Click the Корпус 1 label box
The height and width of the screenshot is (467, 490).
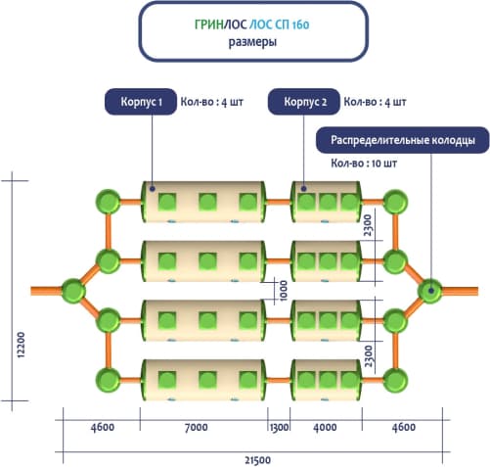[x=141, y=102]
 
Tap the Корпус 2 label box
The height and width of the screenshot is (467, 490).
[x=304, y=102]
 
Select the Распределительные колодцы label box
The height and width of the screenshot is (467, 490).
[x=403, y=140]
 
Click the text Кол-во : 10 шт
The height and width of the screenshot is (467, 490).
[x=364, y=163]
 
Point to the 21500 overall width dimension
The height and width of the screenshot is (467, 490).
[x=257, y=460]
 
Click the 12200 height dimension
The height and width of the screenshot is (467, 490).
[x=21, y=345]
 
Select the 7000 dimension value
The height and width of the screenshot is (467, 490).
[x=196, y=427]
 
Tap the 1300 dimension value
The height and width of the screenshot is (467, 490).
[x=279, y=427]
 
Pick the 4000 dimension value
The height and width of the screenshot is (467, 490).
[x=325, y=427]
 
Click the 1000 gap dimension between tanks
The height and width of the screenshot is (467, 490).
[x=284, y=291]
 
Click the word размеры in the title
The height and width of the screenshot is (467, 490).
[x=252, y=42]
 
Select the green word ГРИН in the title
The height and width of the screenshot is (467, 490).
[x=209, y=24]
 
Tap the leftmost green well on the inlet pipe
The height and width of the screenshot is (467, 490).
[x=73, y=291]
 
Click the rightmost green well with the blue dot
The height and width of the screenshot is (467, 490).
[x=430, y=291]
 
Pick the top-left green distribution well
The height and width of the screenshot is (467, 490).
[x=109, y=202]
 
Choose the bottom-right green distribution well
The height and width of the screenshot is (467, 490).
[x=395, y=380]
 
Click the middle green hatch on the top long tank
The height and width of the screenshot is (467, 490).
[x=207, y=202]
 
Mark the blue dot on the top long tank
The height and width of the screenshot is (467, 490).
[x=152, y=189]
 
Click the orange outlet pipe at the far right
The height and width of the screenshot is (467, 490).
[x=460, y=291]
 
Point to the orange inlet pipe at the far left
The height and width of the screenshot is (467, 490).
[x=47, y=291]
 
